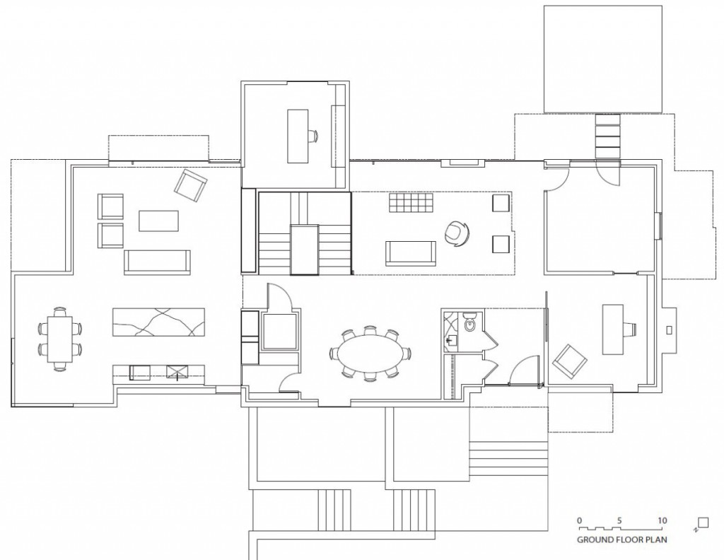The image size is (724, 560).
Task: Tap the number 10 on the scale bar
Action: [x=662, y=520]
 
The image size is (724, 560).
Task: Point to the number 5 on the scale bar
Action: [x=620, y=520]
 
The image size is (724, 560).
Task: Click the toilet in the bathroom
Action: [x=470, y=324]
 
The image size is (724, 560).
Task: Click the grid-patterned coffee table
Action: [x=409, y=204]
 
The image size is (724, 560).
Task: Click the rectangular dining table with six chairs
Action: [x=59, y=339]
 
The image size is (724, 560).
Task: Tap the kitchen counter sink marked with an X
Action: [x=175, y=371]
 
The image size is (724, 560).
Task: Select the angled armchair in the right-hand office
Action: [x=569, y=361]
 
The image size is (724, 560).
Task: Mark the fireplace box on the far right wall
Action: [x=669, y=329]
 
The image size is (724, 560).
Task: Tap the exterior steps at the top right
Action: [x=608, y=136]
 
